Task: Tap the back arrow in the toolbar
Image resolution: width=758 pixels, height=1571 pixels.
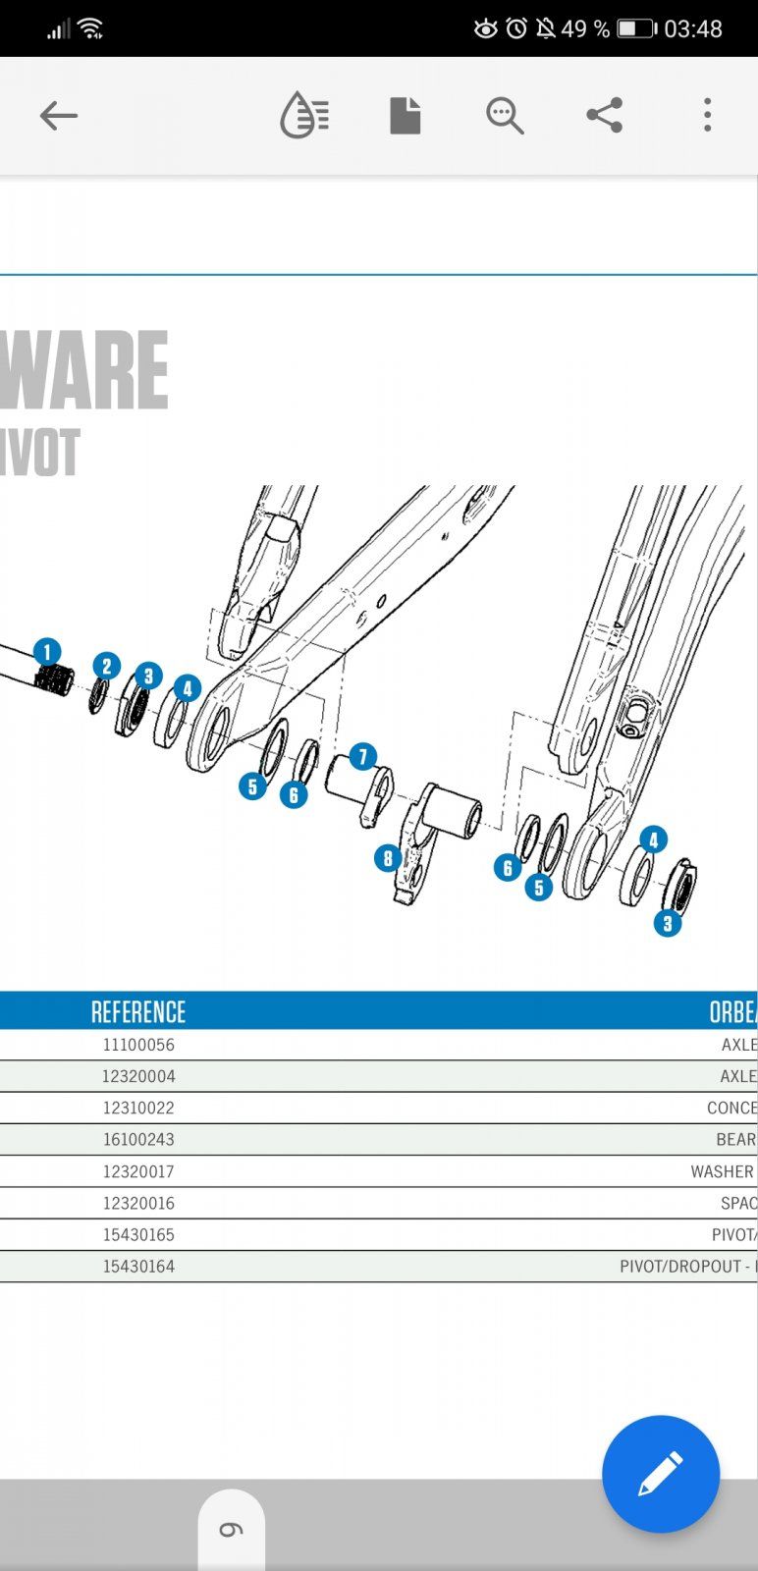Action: tap(58, 116)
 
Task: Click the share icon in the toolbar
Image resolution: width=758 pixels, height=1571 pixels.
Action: tap(604, 116)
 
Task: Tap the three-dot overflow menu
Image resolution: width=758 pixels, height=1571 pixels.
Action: tap(707, 116)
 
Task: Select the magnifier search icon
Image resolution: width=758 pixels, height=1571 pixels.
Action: tap(504, 116)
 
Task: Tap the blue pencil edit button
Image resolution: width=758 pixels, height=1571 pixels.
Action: tap(660, 1473)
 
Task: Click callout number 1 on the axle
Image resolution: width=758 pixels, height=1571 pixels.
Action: tap(46, 652)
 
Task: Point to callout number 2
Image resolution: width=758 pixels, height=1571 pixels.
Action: tap(106, 667)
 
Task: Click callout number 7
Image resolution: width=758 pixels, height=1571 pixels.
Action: tap(362, 757)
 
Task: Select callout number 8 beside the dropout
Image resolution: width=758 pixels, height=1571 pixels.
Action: tap(388, 859)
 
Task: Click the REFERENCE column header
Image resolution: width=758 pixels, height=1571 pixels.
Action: tap(138, 1012)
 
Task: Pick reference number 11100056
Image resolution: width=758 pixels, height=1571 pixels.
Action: tap(138, 1045)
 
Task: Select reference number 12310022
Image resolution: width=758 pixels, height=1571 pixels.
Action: tap(138, 1108)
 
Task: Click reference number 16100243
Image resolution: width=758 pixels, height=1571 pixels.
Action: tap(138, 1139)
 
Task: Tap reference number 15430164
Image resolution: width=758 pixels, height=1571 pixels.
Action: tap(138, 1267)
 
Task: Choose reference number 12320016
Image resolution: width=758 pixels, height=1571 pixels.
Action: tap(138, 1203)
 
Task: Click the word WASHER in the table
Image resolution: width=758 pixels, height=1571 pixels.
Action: tap(722, 1171)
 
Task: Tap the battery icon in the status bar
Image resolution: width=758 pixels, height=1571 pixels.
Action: tap(636, 28)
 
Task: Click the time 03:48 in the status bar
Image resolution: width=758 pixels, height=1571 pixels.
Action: tap(693, 28)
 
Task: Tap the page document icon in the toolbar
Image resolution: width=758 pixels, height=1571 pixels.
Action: tap(405, 116)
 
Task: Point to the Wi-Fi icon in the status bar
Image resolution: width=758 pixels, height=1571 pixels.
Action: tap(92, 28)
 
